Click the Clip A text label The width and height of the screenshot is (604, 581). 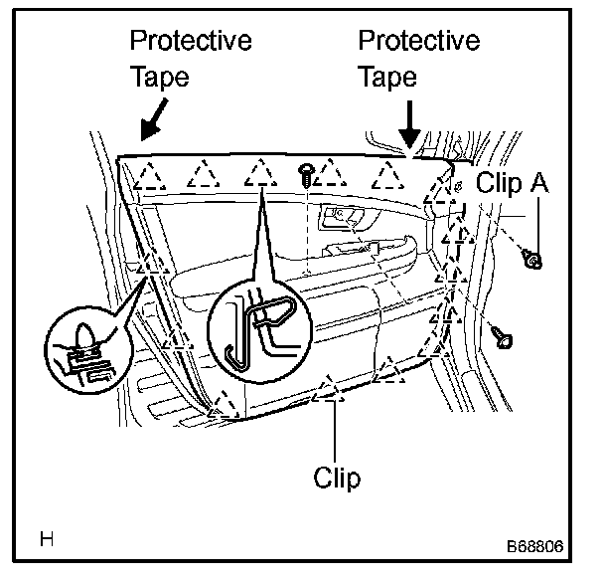(512, 182)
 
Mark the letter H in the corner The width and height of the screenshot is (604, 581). (47, 540)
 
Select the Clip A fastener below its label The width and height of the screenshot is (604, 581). (533, 260)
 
